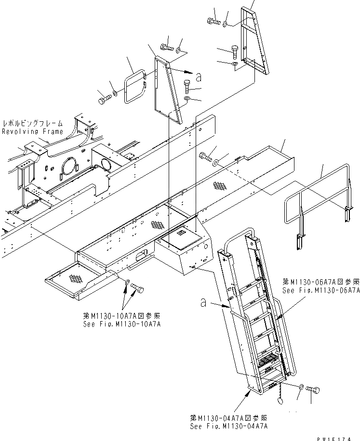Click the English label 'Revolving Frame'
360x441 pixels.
(32, 131)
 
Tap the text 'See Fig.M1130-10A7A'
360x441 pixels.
(122, 324)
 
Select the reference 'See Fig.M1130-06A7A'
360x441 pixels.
(321, 290)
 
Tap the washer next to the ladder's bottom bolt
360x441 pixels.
(301, 387)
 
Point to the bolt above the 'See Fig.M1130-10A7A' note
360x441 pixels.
(137, 289)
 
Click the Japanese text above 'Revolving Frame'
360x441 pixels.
(32, 124)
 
